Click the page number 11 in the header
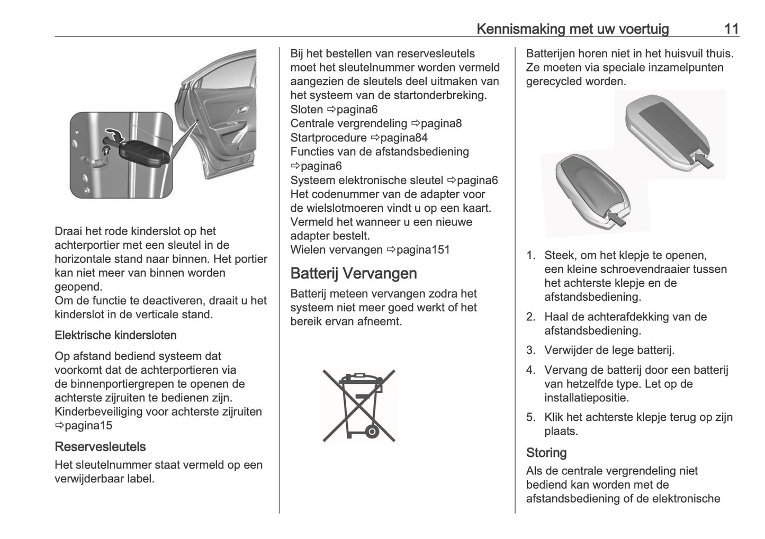(731, 29)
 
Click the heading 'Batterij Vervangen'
(354, 273)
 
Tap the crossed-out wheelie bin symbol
(359, 406)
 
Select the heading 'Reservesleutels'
(100, 447)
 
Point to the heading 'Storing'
(546, 453)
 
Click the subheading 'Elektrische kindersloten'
(115, 335)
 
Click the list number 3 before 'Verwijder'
(530, 351)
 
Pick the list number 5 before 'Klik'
(530, 417)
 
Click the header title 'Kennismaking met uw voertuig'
(572, 29)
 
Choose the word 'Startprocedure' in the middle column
(328, 138)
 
